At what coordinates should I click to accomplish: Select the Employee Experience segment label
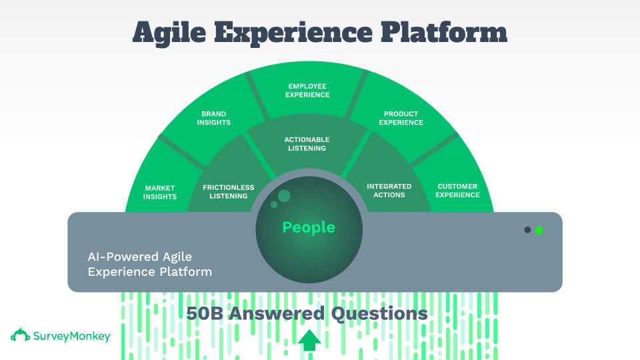(307, 91)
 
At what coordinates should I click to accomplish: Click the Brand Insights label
(215, 119)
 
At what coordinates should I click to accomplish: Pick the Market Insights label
(160, 192)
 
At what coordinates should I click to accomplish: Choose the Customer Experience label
(458, 191)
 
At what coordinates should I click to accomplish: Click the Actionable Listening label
(307, 144)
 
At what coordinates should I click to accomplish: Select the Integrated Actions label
(389, 191)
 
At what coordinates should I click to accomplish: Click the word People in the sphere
(309, 227)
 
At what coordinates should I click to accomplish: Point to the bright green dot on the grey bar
(539, 230)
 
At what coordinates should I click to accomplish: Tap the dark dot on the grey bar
(527, 230)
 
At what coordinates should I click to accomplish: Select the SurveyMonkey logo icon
(20, 335)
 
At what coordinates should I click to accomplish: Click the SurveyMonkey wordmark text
(72, 337)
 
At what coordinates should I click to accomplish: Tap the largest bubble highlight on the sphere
(285, 195)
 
